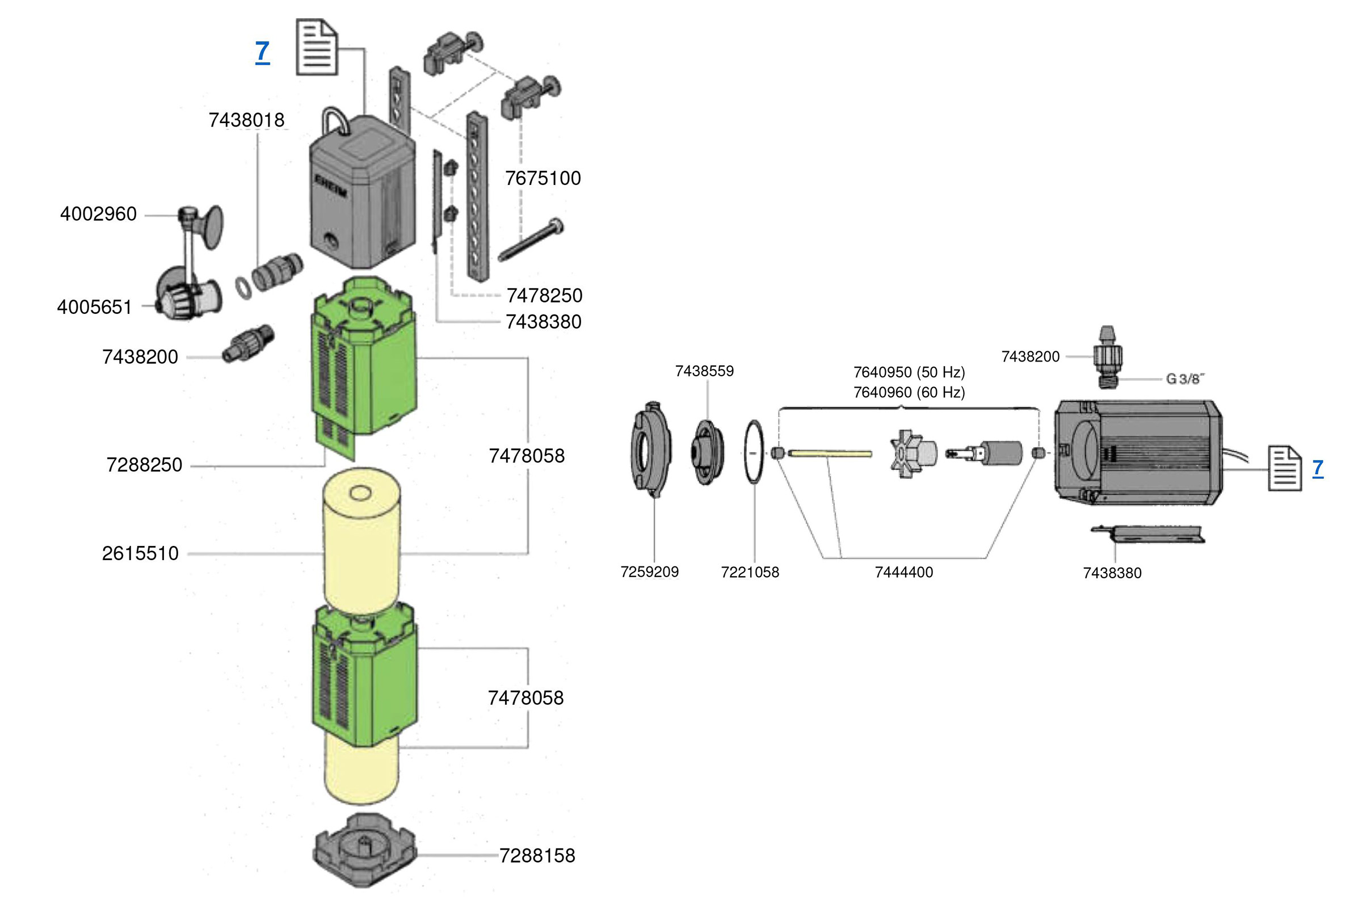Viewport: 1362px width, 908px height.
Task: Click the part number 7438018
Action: click(247, 120)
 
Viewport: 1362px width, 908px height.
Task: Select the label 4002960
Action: click(98, 215)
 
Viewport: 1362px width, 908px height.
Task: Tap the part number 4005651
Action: click(94, 307)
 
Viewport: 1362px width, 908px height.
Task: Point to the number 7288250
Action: click(144, 465)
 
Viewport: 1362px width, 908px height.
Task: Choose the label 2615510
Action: click(140, 554)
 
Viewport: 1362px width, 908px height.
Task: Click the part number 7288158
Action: click(537, 856)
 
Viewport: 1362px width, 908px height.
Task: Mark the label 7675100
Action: click(543, 178)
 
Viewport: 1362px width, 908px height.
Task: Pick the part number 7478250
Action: click(544, 296)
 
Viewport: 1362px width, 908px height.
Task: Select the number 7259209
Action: click(649, 572)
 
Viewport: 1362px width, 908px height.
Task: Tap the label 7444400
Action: click(904, 573)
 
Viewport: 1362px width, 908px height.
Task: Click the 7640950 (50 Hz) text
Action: click(909, 372)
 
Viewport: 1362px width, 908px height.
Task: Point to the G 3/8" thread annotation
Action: click(1185, 379)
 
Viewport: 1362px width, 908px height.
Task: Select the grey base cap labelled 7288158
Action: click(364, 850)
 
